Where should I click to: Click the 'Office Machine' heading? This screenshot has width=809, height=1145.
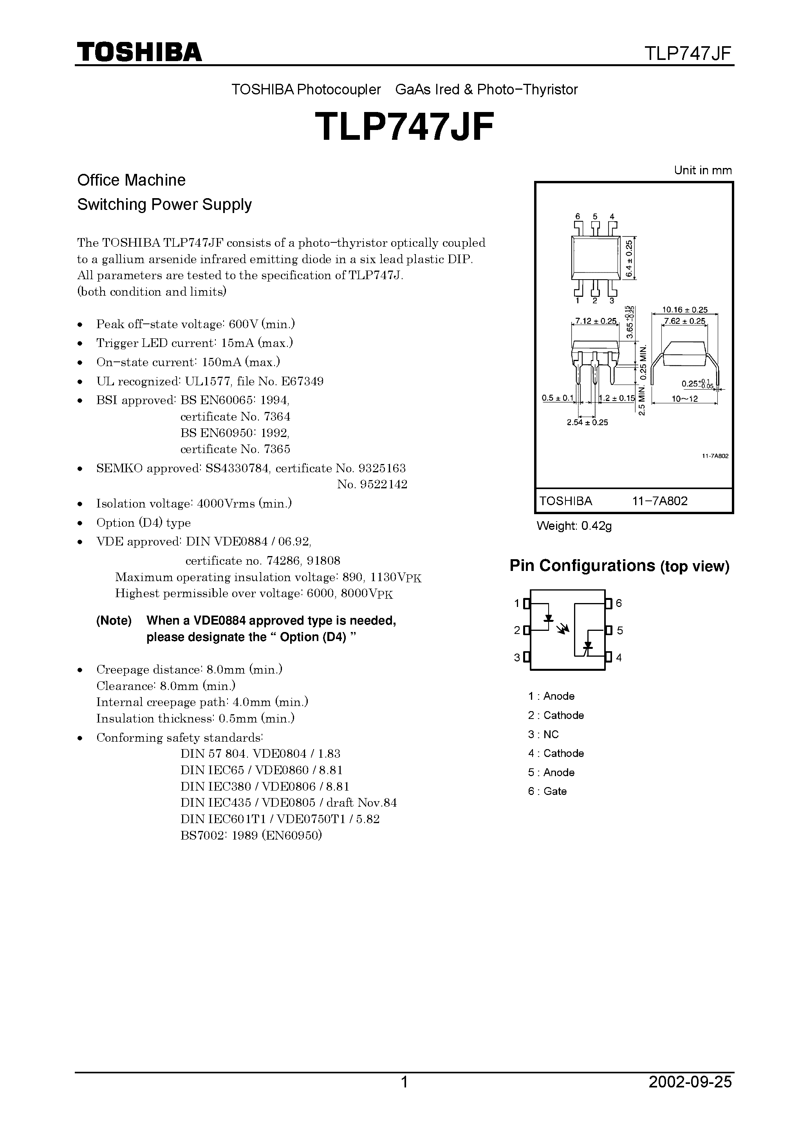pos(131,180)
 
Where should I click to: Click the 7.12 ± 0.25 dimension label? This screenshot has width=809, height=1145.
pos(596,321)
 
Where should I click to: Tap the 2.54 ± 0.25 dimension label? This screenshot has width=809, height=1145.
pos(587,423)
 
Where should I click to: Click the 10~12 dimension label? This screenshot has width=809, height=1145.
pos(684,399)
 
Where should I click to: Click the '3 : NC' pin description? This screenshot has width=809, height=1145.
pos(543,734)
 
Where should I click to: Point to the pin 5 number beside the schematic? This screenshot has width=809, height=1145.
pos(620,630)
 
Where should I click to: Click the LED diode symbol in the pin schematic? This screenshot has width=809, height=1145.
pos(549,619)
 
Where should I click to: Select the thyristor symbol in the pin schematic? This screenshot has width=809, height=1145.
pos(588,646)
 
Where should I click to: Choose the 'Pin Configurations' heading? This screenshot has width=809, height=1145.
pos(582,565)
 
